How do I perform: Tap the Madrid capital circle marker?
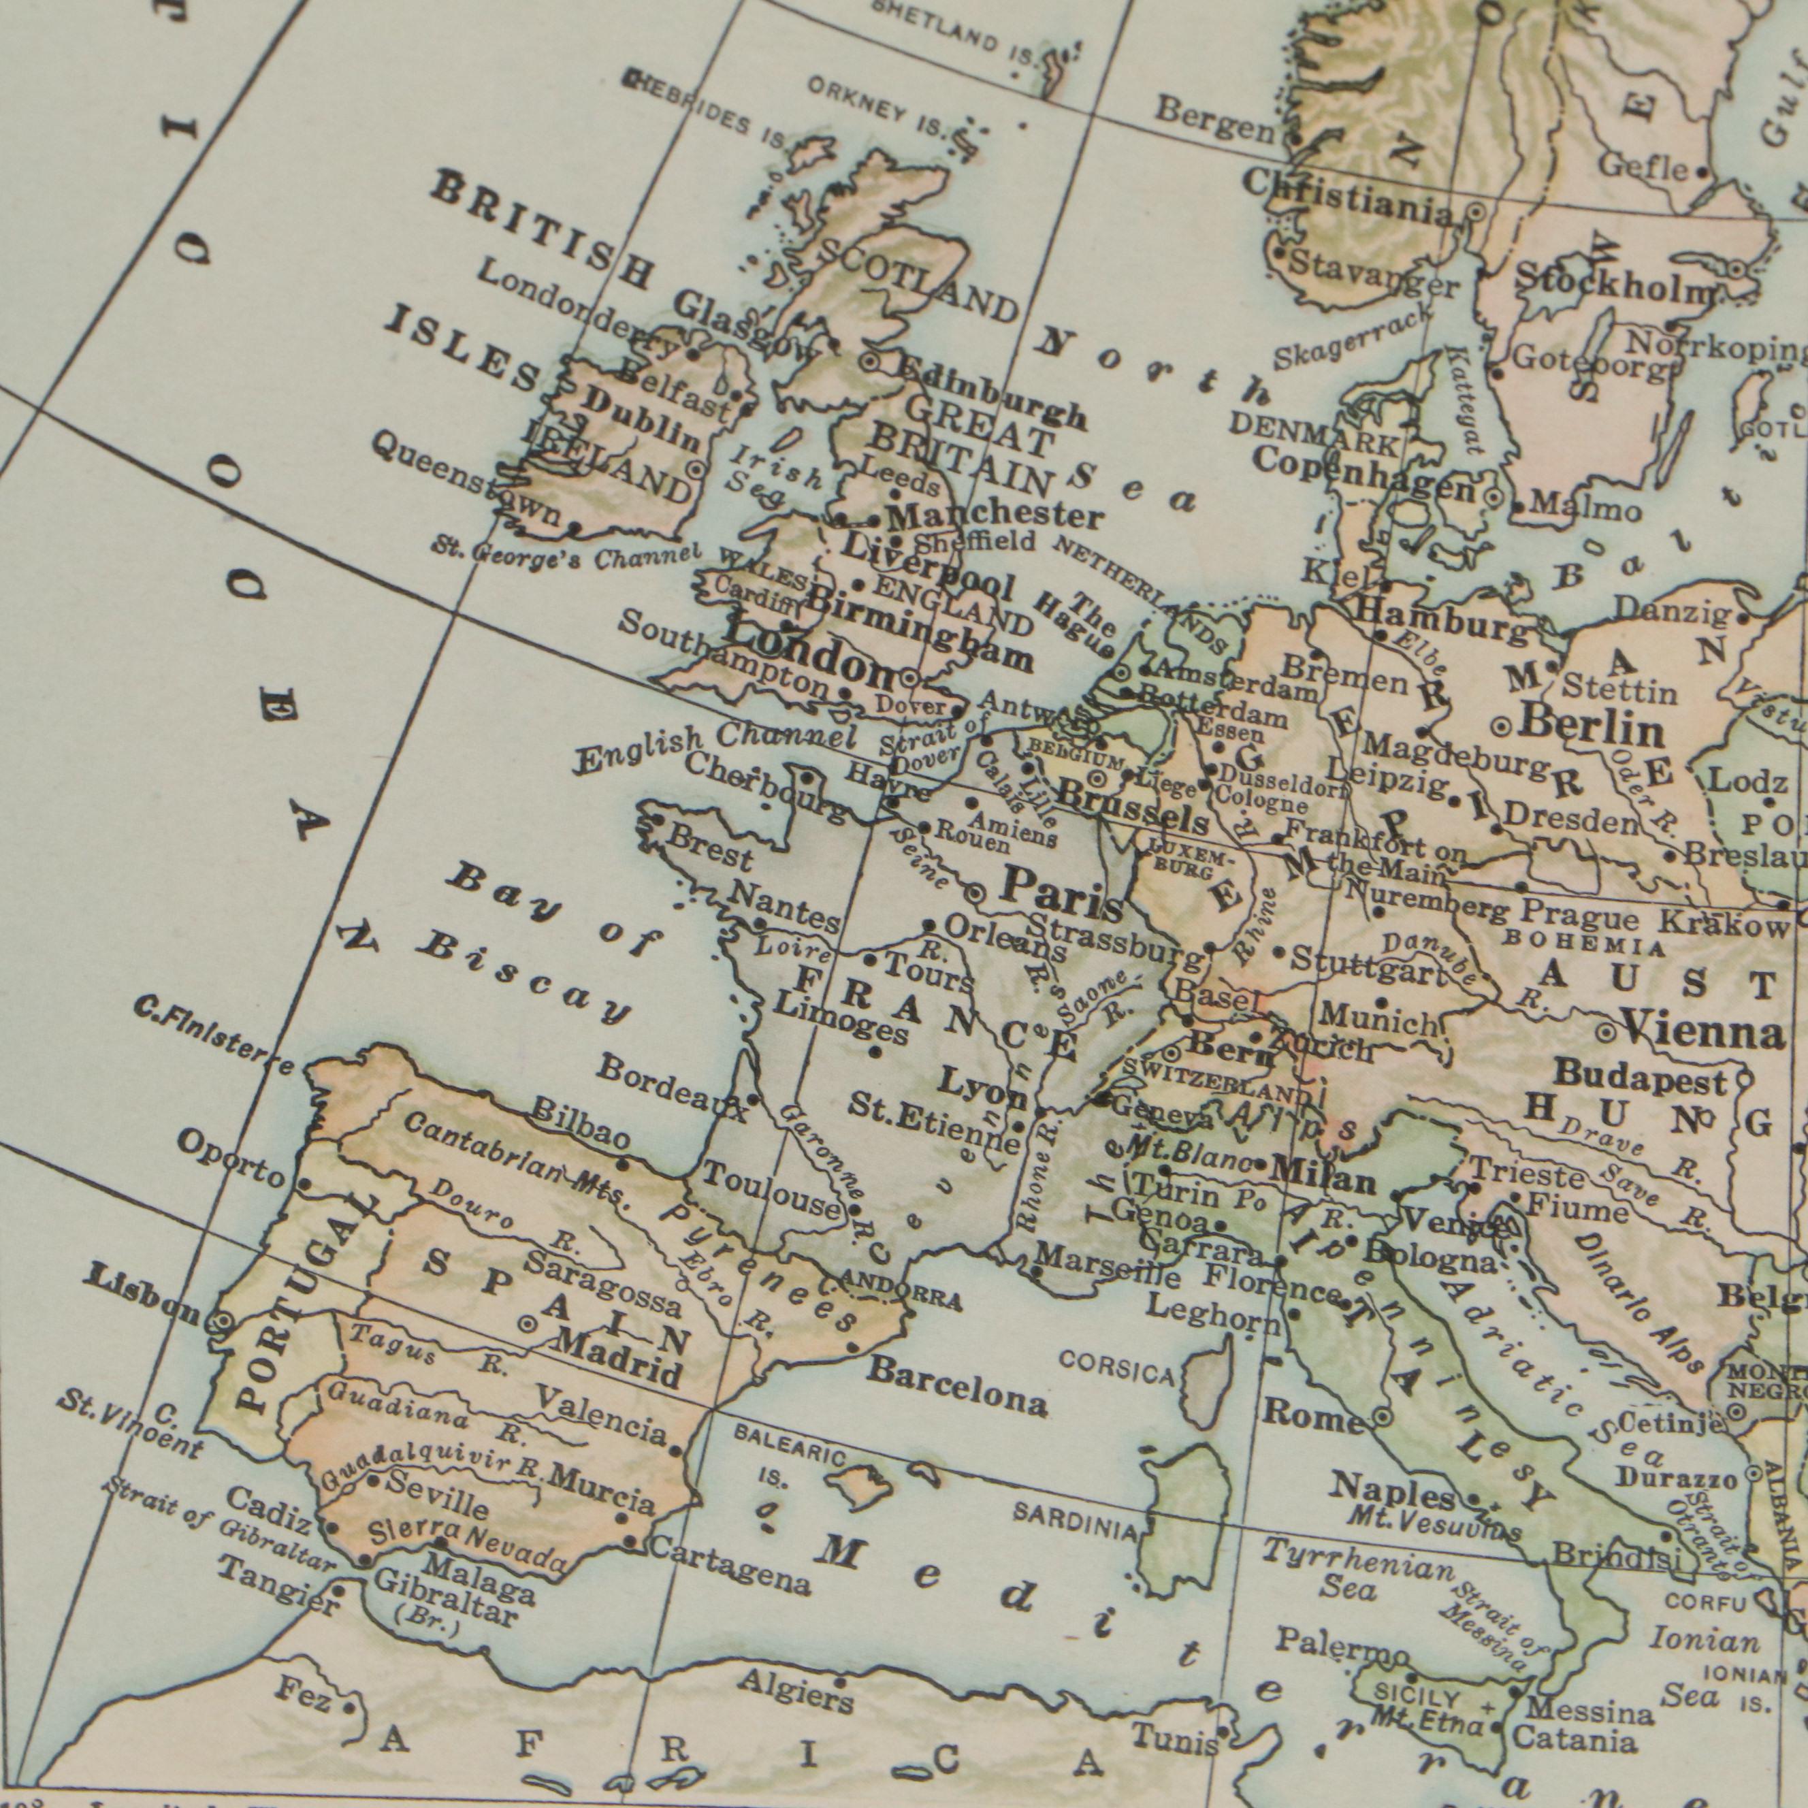(528, 1324)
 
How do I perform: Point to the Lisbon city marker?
(223, 1321)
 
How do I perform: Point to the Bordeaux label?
(672, 1089)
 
